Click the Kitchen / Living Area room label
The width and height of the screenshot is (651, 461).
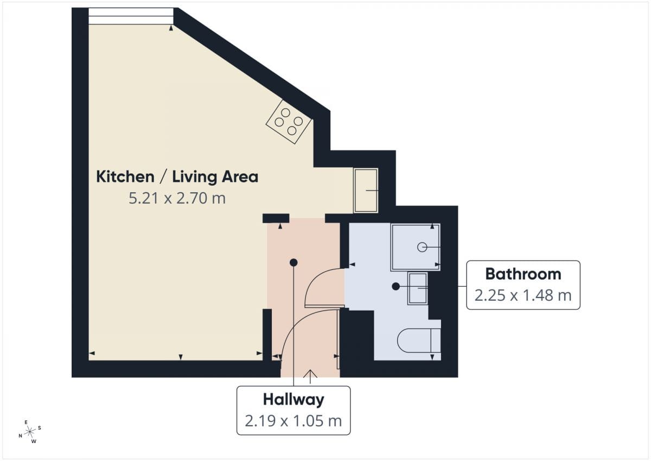(x=177, y=177)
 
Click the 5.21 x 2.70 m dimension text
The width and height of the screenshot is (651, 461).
(x=177, y=198)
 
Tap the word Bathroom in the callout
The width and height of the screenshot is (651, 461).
(x=523, y=274)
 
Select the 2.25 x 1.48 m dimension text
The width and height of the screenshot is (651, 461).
(x=523, y=295)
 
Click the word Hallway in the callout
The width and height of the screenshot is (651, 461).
(x=293, y=400)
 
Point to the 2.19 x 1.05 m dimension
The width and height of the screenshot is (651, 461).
(x=293, y=421)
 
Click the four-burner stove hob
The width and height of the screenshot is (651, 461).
(x=289, y=122)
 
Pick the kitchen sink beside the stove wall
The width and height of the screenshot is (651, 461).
(x=366, y=191)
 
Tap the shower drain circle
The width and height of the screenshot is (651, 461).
(x=422, y=247)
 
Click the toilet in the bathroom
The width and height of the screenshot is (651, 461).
(x=419, y=340)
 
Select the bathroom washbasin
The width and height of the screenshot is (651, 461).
(x=418, y=288)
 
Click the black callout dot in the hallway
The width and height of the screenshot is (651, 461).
(x=293, y=263)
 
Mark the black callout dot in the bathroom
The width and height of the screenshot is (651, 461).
(x=395, y=287)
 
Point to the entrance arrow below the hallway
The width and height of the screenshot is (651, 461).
(x=310, y=377)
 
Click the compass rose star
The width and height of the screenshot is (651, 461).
(x=30, y=432)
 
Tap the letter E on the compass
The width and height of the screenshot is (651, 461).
(x=26, y=422)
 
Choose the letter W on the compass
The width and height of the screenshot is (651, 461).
(x=34, y=441)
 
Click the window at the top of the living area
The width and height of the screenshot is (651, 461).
(x=131, y=16)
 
